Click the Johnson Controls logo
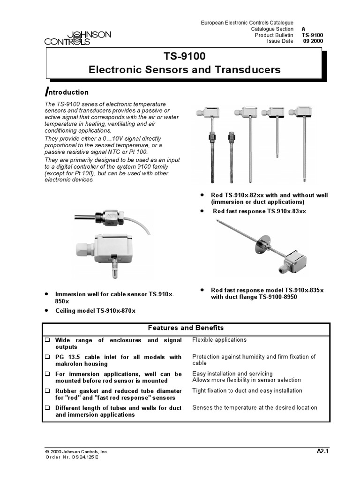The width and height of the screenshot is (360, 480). pos(78,38)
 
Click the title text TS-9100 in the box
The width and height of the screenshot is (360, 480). pos(184,57)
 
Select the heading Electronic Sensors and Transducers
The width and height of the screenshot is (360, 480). pos(184,70)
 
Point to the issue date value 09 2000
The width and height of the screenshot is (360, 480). pos(313,41)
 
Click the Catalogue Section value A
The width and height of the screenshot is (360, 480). pos(304,29)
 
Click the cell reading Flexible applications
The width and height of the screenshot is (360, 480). pos(219,340)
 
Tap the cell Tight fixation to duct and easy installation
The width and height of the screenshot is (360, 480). pos(247,390)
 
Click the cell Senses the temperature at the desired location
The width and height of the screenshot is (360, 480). pos(255,407)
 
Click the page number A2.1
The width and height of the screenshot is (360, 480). pos(321,451)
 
